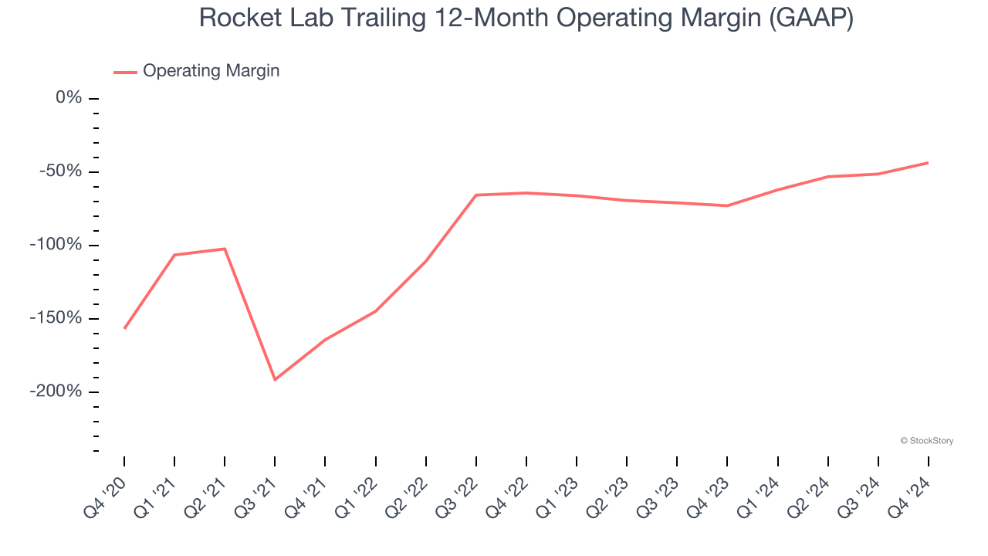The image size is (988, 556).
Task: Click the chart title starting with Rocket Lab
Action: click(526, 18)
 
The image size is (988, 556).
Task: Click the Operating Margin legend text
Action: click(211, 71)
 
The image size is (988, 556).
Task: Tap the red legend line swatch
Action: click(125, 72)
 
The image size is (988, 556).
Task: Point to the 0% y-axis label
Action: click(68, 98)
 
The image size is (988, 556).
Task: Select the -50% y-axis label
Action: click(61, 171)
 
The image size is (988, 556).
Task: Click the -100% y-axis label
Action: click(56, 245)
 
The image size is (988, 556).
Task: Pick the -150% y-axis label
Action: click(56, 318)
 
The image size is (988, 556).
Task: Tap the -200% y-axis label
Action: click(56, 392)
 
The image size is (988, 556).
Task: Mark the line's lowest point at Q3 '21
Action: click(275, 379)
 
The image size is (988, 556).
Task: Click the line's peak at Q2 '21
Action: click(225, 249)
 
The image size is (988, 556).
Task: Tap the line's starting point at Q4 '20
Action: click(124, 328)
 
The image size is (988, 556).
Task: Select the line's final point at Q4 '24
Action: click(927, 163)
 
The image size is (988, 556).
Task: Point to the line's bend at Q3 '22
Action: click(475, 195)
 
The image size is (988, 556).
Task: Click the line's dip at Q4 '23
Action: click(727, 205)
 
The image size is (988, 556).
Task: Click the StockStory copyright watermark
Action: click(926, 441)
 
